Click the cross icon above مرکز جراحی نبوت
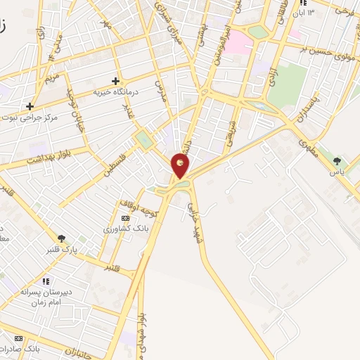[x=30, y=107]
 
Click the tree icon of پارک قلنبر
[x=61, y=238]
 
